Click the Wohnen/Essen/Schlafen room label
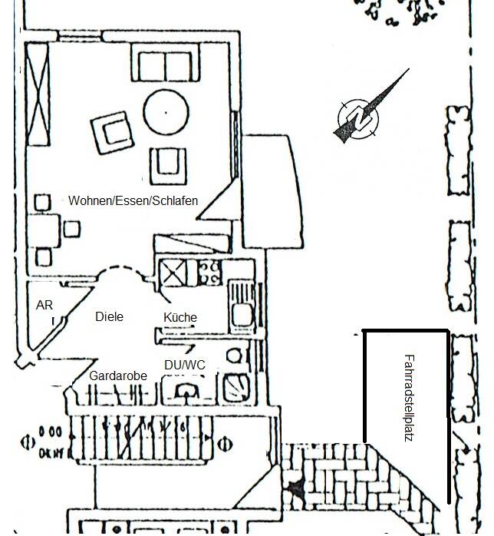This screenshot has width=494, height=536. [133, 200]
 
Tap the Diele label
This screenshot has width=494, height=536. [109, 316]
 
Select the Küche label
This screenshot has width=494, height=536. [180, 317]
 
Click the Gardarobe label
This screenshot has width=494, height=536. [118, 376]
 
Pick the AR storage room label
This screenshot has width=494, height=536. [44, 305]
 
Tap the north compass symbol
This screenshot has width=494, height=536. [359, 117]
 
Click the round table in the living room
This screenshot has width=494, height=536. [166, 112]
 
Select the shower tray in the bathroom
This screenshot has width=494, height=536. [235, 387]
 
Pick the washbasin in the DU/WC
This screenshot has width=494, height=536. [186, 391]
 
